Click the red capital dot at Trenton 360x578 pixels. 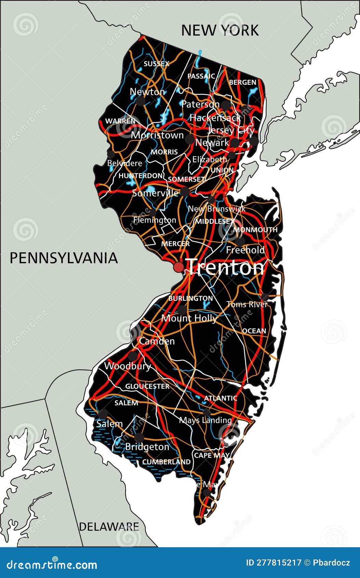pos(179,267)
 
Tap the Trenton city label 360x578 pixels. pos(226,267)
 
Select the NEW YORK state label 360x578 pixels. pos(220,30)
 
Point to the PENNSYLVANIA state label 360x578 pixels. pos(64,258)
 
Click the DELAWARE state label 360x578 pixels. pos(109,527)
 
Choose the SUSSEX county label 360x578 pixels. pos(156,64)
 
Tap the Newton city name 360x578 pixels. pos(147,92)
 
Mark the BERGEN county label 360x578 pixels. pos(243,82)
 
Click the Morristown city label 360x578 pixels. pos(157,135)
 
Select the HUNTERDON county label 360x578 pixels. pos(141,176)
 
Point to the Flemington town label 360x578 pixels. pos(155,220)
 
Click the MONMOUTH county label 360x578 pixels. pos(255,230)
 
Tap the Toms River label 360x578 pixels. pos(247,304)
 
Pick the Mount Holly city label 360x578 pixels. pos(189,318)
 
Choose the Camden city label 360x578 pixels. pos(157,341)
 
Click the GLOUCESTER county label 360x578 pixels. pos(147,386)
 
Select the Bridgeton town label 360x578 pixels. pos(147,447)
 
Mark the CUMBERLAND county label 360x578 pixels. pos(166,462)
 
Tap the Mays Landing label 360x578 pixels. pos(205,420)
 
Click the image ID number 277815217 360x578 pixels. pos(274,563)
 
